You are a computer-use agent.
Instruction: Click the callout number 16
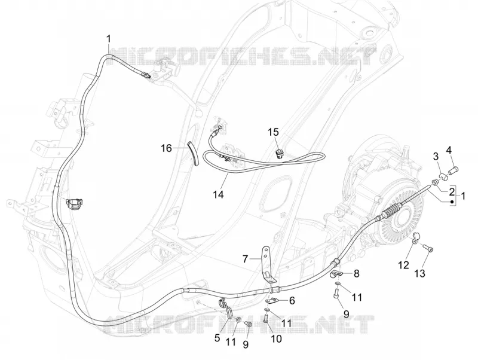(x=167, y=148)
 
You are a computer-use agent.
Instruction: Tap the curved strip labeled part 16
(x=193, y=153)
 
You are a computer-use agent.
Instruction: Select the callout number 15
(x=273, y=132)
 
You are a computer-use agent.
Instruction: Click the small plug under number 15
(x=279, y=153)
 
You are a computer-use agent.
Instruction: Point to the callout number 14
(x=218, y=194)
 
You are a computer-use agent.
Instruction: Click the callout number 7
(x=245, y=259)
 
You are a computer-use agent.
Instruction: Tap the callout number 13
(x=419, y=273)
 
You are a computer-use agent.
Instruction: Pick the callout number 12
(x=403, y=265)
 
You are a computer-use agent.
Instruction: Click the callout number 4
(x=449, y=150)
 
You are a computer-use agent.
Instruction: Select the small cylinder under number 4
(x=455, y=169)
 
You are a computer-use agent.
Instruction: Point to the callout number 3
(x=436, y=157)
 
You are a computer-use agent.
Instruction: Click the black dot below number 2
(x=452, y=202)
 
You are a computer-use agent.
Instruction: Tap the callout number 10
(x=276, y=338)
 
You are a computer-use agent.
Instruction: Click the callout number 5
(x=217, y=337)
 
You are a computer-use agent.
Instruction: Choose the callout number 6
(x=292, y=301)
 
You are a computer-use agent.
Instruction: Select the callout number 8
(x=356, y=273)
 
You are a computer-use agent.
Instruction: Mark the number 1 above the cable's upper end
(x=109, y=39)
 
